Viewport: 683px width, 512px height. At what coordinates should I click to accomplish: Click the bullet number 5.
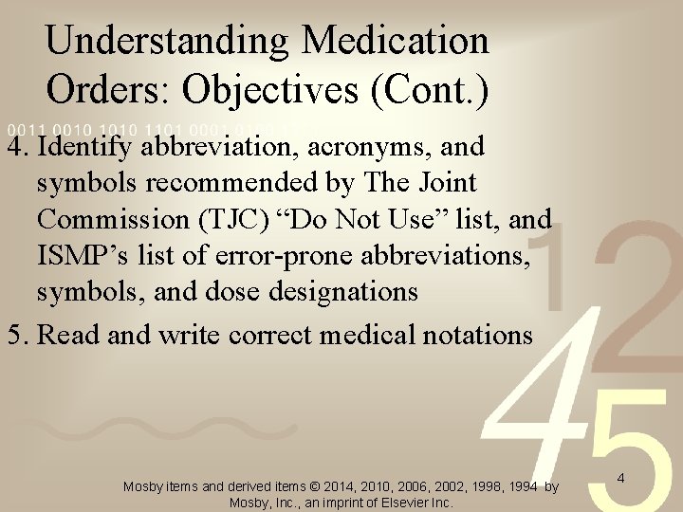[14, 335]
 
